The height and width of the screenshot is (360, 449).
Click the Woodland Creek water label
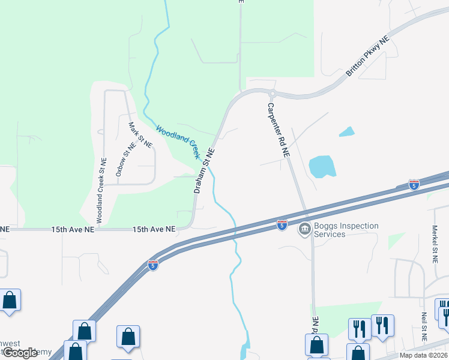(178, 141)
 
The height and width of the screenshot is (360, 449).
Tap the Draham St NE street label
(204, 170)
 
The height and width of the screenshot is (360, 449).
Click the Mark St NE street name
(141, 135)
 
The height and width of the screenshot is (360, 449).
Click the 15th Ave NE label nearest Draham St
(154, 229)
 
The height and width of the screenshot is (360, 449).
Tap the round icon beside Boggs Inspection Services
(304, 229)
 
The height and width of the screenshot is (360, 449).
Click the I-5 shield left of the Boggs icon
(282, 224)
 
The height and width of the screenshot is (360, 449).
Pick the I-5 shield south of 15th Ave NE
(153, 265)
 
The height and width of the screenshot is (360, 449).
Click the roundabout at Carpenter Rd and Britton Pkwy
(272, 94)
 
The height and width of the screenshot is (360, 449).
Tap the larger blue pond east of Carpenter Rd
(321, 167)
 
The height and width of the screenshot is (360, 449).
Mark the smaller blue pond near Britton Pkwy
(346, 131)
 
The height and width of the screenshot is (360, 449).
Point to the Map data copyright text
(423, 355)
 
